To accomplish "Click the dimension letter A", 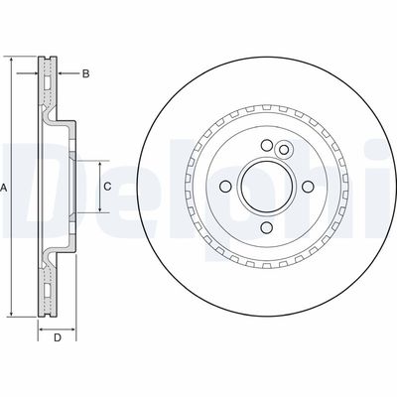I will click(6, 187).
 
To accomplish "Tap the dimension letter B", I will click(85, 73).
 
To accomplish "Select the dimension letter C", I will click(107, 186).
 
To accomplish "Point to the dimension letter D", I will click(58, 338).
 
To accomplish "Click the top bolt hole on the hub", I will click(266, 149).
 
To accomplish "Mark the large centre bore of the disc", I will click(266, 186).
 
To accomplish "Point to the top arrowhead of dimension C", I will click(100, 162).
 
